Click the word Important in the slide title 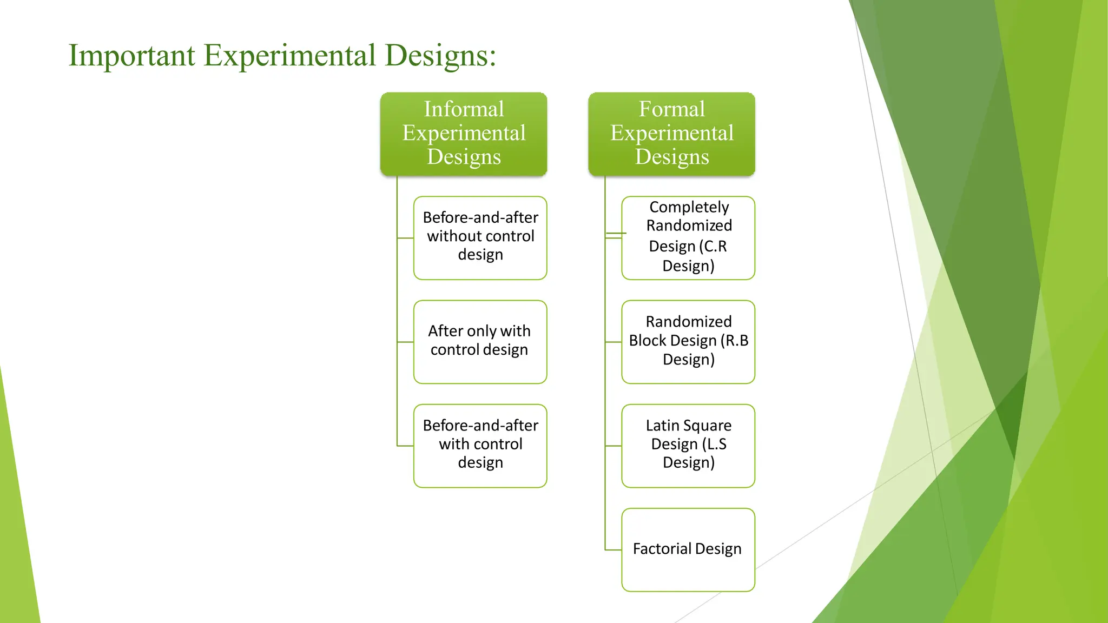pos(131,56)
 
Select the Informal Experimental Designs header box pos(464,134)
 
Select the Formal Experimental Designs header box pos(671,134)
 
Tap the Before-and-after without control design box pos(480,238)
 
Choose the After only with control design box pos(480,342)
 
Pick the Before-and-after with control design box pos(480,446)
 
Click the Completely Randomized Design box pos(688,238)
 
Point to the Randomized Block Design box pos(688,342)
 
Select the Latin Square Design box pos(688,446)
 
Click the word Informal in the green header pos(464,109)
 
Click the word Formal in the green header pos(671,109)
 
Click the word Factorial pos(662,549)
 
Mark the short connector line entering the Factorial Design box pos(613,550)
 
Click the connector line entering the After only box pos(405,342)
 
